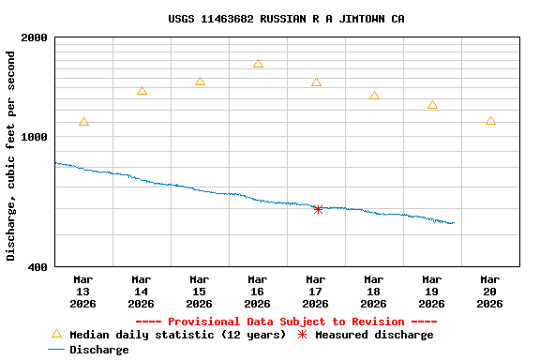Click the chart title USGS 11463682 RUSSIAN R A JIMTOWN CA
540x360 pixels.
pyautogui.click(x=287, y=19)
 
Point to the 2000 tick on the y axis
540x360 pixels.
pyautogui.click(x=35, y=37)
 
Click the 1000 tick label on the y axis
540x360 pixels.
pyautogui.click(x=35, y=137)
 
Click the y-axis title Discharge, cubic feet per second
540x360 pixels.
pyautogui.click(x=11, y=156)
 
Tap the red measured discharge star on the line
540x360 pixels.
pyautogui.click(x=318, y=209)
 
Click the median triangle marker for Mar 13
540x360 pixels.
pyautogui.click(x=84, y=122)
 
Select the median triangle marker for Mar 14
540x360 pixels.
pyautogui.click(x=142, y=91)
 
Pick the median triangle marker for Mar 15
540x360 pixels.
pyautogui.click(x=200, y=82)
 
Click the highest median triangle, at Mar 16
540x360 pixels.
pyautogui.click(x=258, y=64)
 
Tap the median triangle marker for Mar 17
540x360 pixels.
pyautogui.click(x=316, y=82)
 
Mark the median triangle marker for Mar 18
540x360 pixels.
pyautogui.click(x=374, y=96)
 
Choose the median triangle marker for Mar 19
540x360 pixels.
pyautogui.click(x=432, y=105)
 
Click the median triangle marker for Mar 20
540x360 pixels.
pyautogui.click(x=490, y=121)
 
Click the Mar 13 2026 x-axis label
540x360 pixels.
pyautogui.click(x=83, y=291)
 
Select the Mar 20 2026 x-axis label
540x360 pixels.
pyautogui.click(x=490, y=291)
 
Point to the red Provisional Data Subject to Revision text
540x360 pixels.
pyautogui.click(x=288, y=322)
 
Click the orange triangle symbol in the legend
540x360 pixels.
pyautogui.click(x=56, y=334)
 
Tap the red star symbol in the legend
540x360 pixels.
pyautogui.click(x=302, y=335)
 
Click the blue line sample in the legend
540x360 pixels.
pyautogui.click(x=56, y=350)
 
